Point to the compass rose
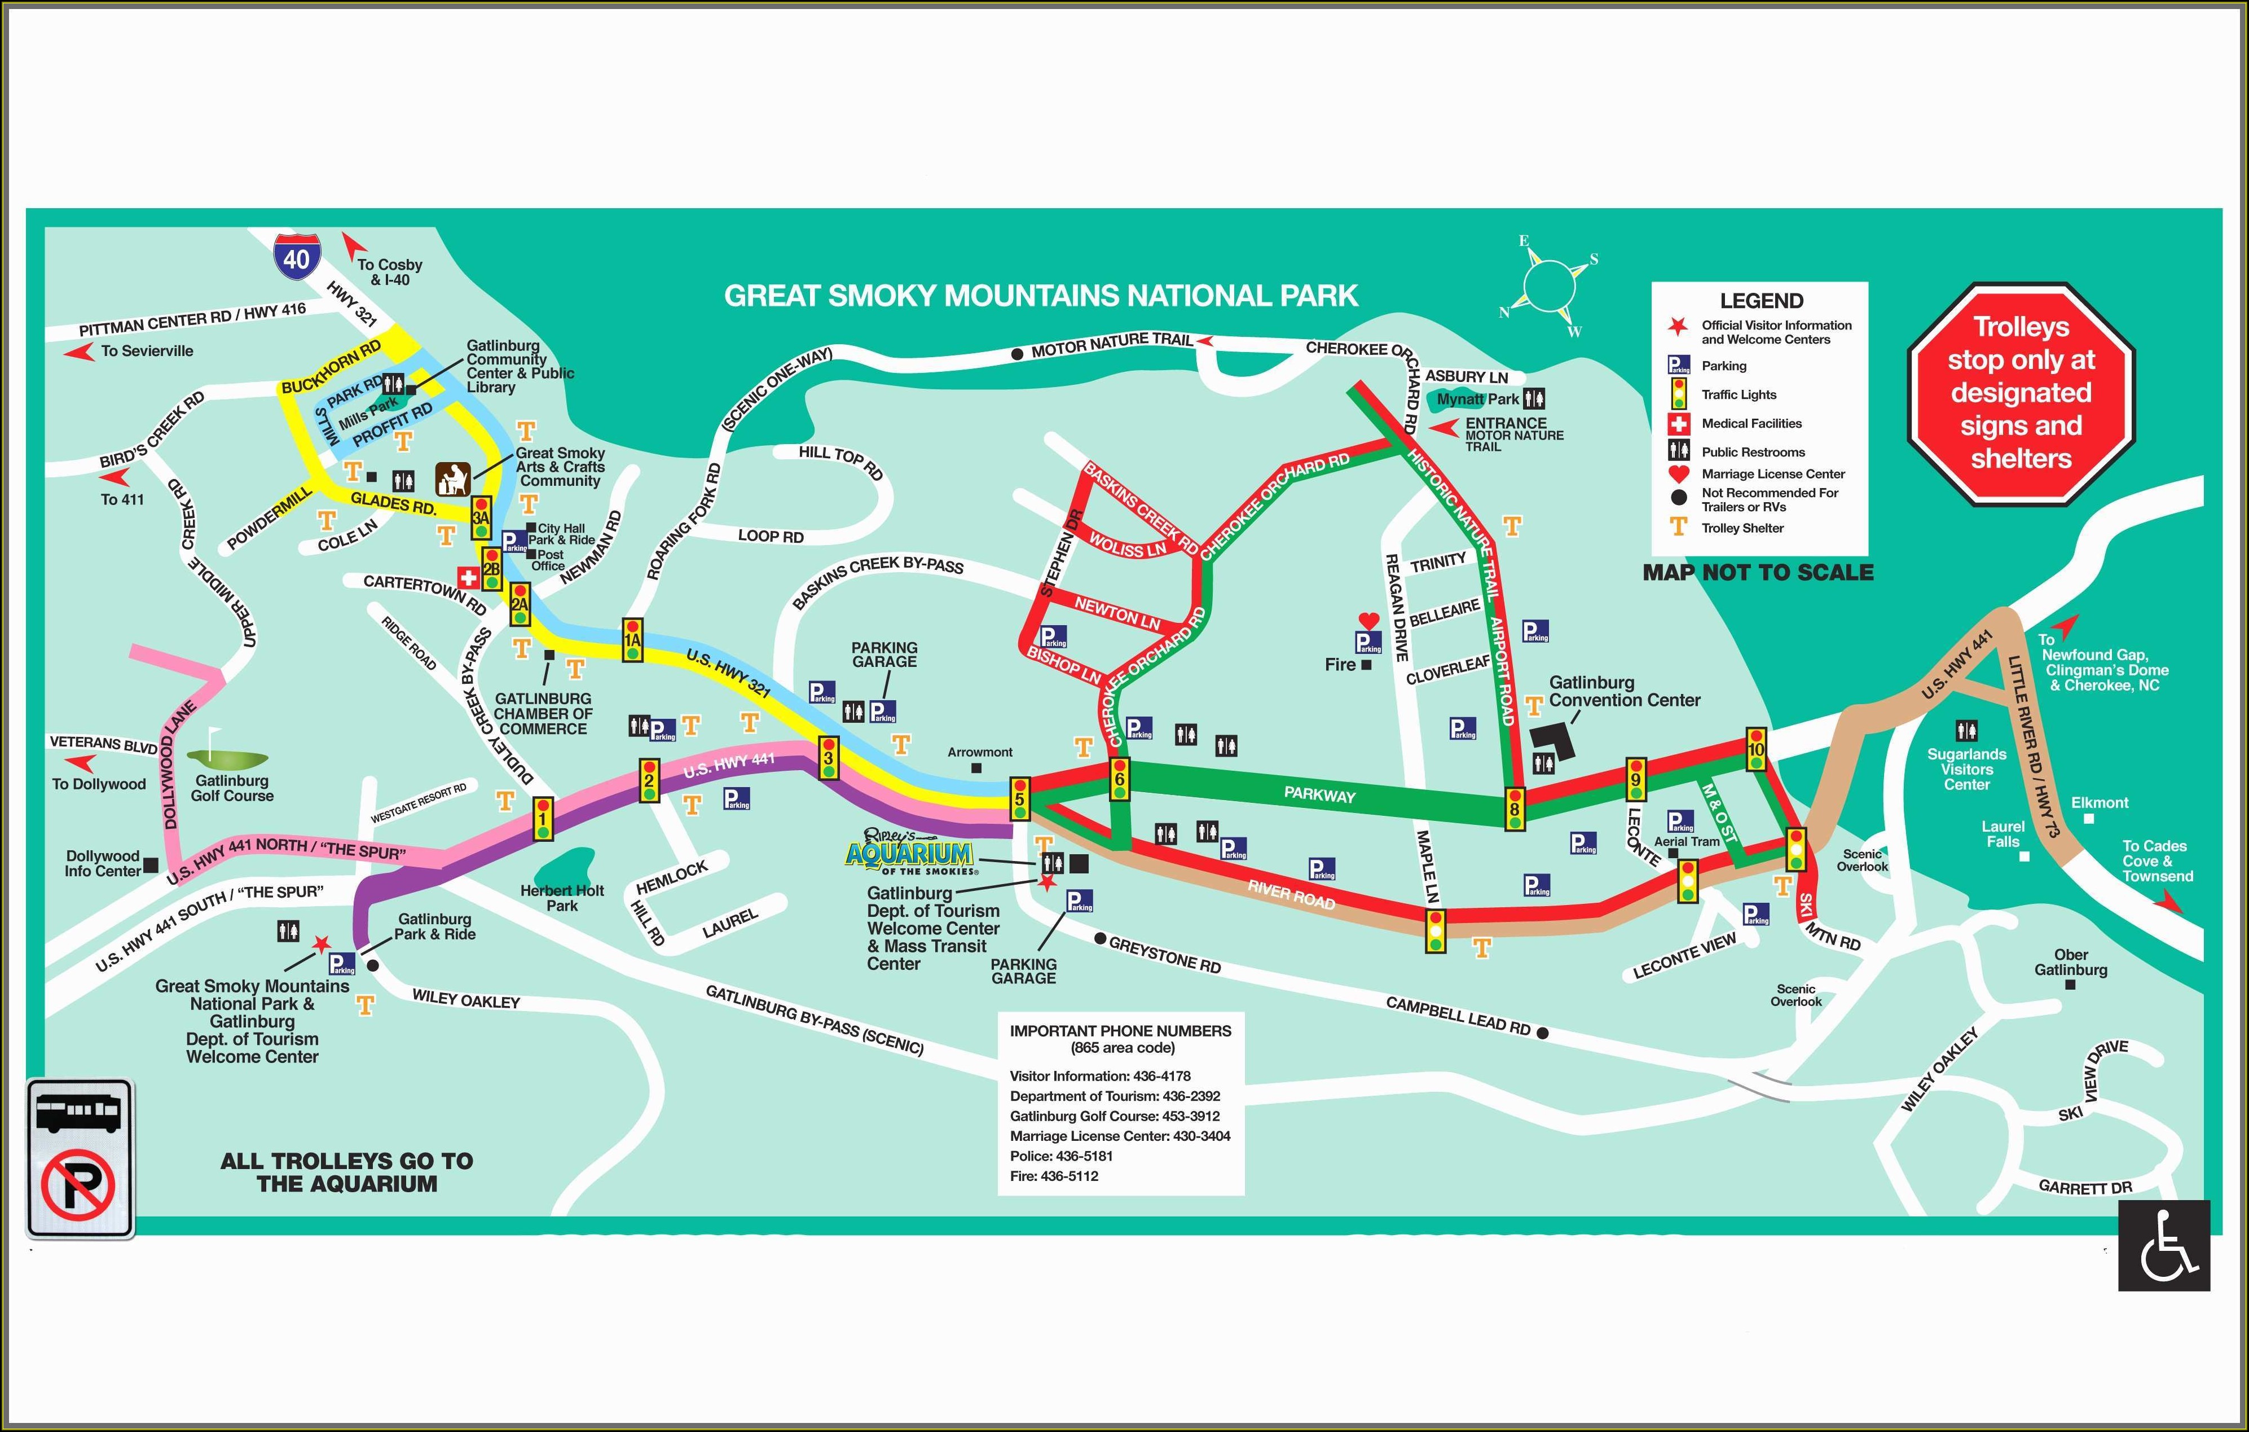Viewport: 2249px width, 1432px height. coord(1548,285)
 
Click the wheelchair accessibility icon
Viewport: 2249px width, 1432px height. coord(2163,1245)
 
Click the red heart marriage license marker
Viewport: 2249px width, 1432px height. coord(1368,620)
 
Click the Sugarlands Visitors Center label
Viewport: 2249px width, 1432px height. coord(1966,769)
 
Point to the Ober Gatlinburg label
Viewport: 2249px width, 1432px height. coord(2071,962)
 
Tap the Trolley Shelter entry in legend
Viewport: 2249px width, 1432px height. coord(1742,528)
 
